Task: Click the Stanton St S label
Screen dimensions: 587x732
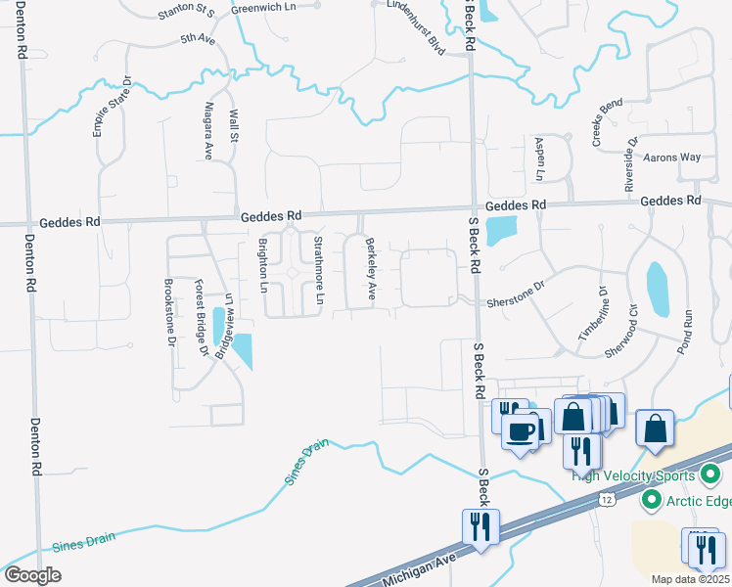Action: (186, 13)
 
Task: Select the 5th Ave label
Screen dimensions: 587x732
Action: (197, 40)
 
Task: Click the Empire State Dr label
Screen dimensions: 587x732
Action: (113, 107)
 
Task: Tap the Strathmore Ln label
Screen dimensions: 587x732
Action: (318, 269)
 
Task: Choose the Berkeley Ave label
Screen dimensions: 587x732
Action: (371, 269)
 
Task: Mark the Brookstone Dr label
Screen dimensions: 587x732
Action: (169, 313)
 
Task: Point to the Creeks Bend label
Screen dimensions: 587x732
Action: (607, 123)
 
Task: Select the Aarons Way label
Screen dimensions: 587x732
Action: (671, 157)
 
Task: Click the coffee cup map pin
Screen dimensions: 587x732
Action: (521, 431)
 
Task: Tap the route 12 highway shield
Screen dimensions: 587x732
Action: (608, 500)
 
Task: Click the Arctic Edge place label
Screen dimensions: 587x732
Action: (698, 502)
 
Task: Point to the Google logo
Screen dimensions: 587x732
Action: (32, 575)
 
